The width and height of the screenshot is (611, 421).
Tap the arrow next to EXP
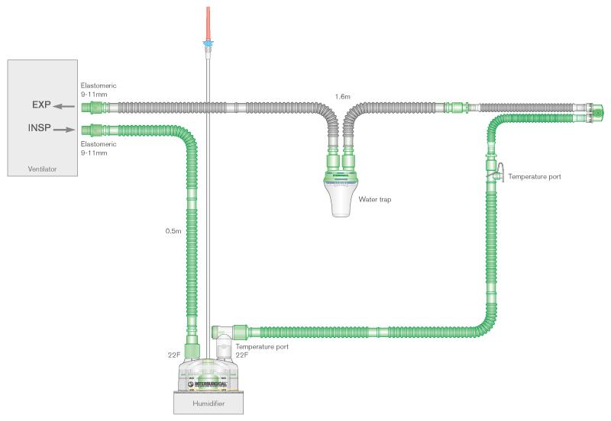[66, 107]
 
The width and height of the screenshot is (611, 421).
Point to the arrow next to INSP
[67, 129]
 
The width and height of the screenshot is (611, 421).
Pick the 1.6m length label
[342, 97]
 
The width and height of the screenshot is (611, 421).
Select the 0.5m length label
[173, 230]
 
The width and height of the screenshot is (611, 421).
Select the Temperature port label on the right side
[535, 176]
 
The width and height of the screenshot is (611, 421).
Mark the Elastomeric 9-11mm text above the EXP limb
[99, 90]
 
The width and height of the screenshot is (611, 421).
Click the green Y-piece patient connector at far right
[596, 114]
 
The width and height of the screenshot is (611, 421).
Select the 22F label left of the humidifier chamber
[173, 355]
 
